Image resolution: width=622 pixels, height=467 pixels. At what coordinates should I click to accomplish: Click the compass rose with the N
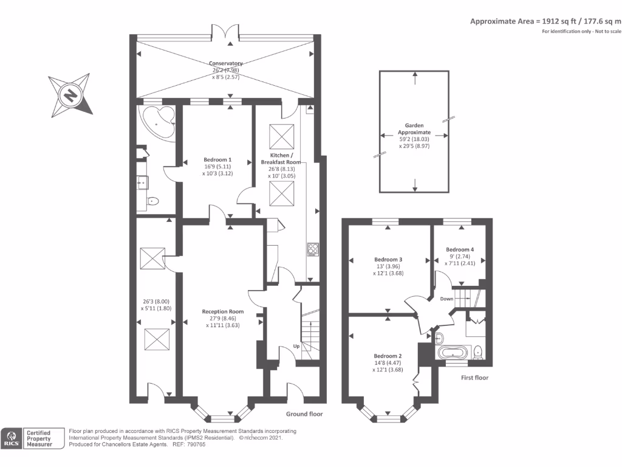(x=72, y=94)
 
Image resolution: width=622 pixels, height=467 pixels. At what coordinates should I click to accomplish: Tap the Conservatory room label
(x=226, y=63)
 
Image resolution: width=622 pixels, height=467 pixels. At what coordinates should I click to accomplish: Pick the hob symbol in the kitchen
(x=313, y=249)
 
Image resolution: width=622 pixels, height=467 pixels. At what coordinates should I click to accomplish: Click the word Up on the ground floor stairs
(x=296, y=346)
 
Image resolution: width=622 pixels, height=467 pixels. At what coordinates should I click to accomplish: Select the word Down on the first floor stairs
(x=446, y=299)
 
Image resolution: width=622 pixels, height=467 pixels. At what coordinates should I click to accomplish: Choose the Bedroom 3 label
(x=388, y=259)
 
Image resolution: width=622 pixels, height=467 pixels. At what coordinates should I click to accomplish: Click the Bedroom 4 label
(x=460, y=249)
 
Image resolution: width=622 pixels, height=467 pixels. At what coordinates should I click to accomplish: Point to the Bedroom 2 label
(x=388, y=356)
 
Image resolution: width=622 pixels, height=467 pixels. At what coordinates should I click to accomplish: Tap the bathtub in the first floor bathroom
(x=453, y=353)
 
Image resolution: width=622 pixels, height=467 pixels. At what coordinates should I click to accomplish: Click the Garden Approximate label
(x=414, y=128)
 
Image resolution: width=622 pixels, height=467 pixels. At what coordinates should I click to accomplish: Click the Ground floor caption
(x=304, y=414)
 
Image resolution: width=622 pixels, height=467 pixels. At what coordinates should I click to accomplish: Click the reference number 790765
(x=195, y=445)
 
